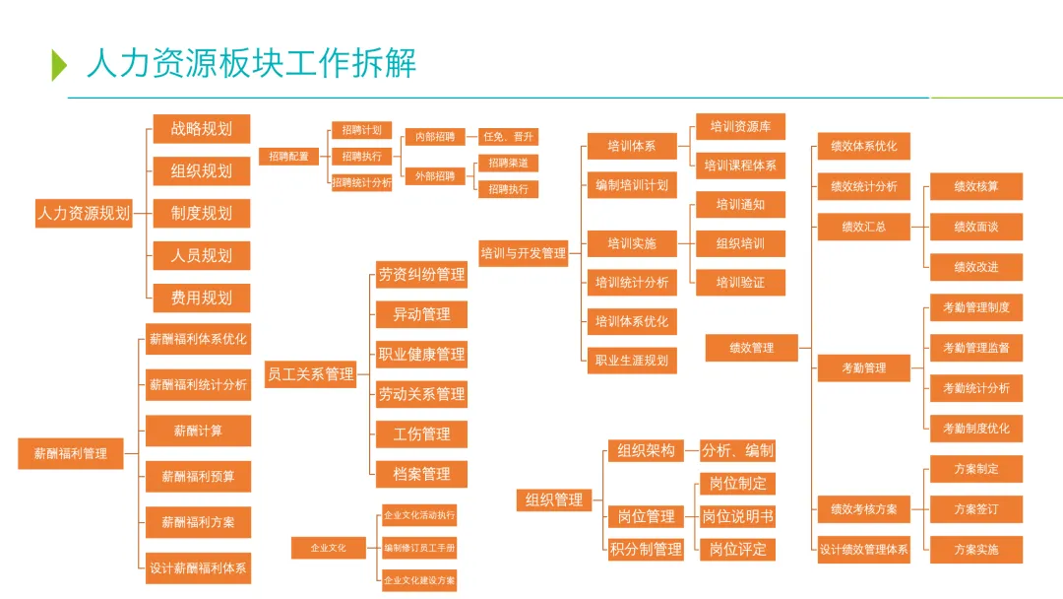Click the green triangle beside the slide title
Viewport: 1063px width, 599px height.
point(59,64)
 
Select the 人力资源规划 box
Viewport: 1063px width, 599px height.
point(83,213)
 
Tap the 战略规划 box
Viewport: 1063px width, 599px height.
point(201,129)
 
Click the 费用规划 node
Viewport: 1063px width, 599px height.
point(201,298)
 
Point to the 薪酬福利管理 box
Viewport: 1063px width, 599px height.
point(71,454)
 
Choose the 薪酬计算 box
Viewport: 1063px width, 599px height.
point(198,431)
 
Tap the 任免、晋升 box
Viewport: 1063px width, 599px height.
point(507,137)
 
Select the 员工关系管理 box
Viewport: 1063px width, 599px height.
point(310,374)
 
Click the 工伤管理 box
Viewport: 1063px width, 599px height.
point(421,434)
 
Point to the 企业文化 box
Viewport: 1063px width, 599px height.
point(329,548)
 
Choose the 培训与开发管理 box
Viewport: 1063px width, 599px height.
point(524,253)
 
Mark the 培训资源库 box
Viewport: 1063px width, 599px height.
point(740,126)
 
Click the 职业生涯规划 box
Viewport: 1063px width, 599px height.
point(631,361)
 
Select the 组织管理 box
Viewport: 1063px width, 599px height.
point(554,500)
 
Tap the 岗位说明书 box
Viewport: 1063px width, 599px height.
point(737,516)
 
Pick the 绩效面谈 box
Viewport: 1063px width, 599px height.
point(976,227)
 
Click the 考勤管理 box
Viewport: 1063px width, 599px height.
point(863,368)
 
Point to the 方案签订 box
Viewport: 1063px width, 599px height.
point(976,509)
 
